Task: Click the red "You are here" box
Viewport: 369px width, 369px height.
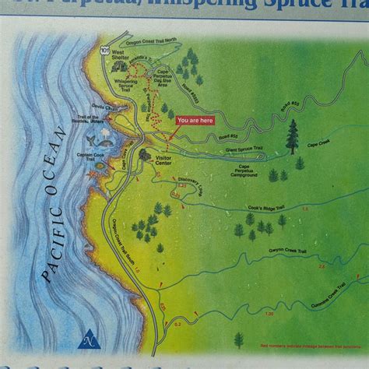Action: (x=195, y=121)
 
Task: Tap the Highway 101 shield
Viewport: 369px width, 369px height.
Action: (x=105, y=51)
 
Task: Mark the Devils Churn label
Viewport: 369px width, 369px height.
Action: (x=104, y=107)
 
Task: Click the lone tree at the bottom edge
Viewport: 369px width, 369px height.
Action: (x=239, y=339)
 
